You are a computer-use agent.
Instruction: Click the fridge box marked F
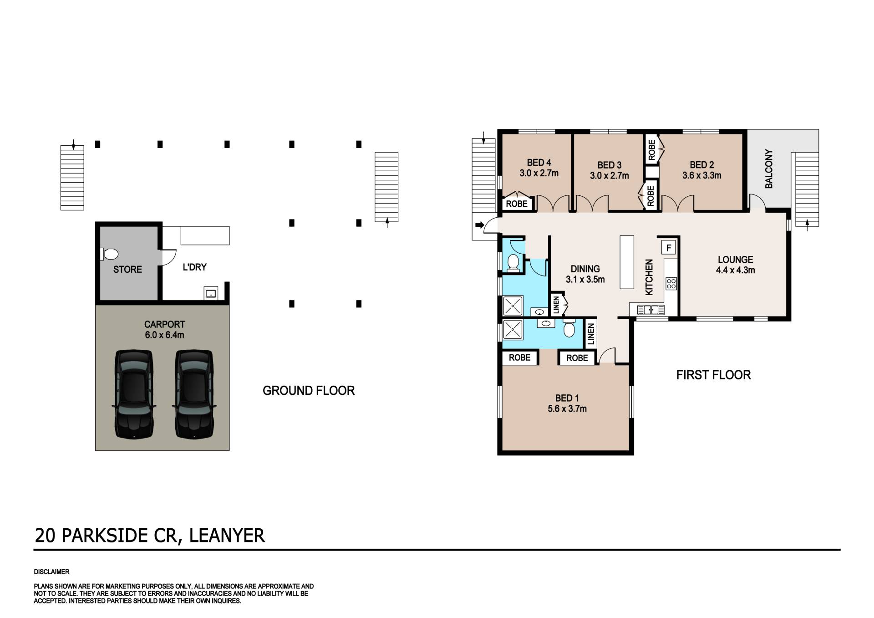[x=669, y=248]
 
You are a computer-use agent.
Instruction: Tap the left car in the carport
[x=134, y=394]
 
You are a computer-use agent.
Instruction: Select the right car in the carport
[x=194, y=394]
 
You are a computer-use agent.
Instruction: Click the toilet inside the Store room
[x=109, y=254]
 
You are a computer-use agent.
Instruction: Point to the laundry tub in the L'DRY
[x=211, y=293]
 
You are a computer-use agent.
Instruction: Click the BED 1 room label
[x=567, y=398]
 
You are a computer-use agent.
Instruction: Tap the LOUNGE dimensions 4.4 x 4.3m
[x=735, y=270]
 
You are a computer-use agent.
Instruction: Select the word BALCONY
[x=769, y=169]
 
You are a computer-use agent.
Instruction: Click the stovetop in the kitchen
[x=671, y=284]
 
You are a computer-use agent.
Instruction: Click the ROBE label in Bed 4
[x=517, y=204]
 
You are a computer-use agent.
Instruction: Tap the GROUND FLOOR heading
[x=309, y=391]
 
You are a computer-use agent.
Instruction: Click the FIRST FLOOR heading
[x=713, y=375]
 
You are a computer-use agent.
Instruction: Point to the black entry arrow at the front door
[x=479, y=225]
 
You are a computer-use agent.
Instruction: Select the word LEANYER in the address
[x=227, y=535]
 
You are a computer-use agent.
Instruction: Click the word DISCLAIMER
[x=51, y=572]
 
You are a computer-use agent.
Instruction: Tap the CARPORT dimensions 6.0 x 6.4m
[x=164, y=335]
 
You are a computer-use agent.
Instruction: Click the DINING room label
[x=585, y=269]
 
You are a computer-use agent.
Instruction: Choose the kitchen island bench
[x=627, y=262]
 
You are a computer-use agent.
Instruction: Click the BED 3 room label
[x=609, y=165]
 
